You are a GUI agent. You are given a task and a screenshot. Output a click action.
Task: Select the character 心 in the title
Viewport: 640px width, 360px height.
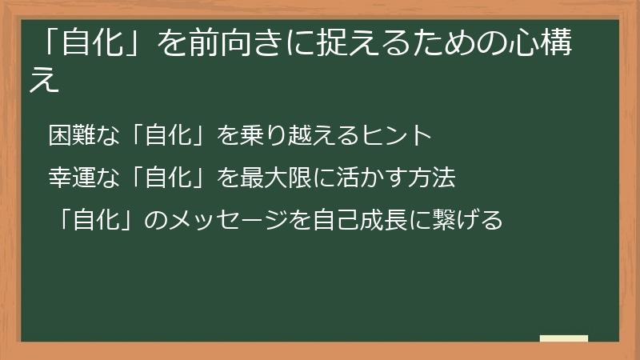pyautogui.click(x=528, y=46)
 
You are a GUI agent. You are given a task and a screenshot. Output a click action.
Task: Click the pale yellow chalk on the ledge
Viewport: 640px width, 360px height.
pyautogui.click(x=564, y=338)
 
